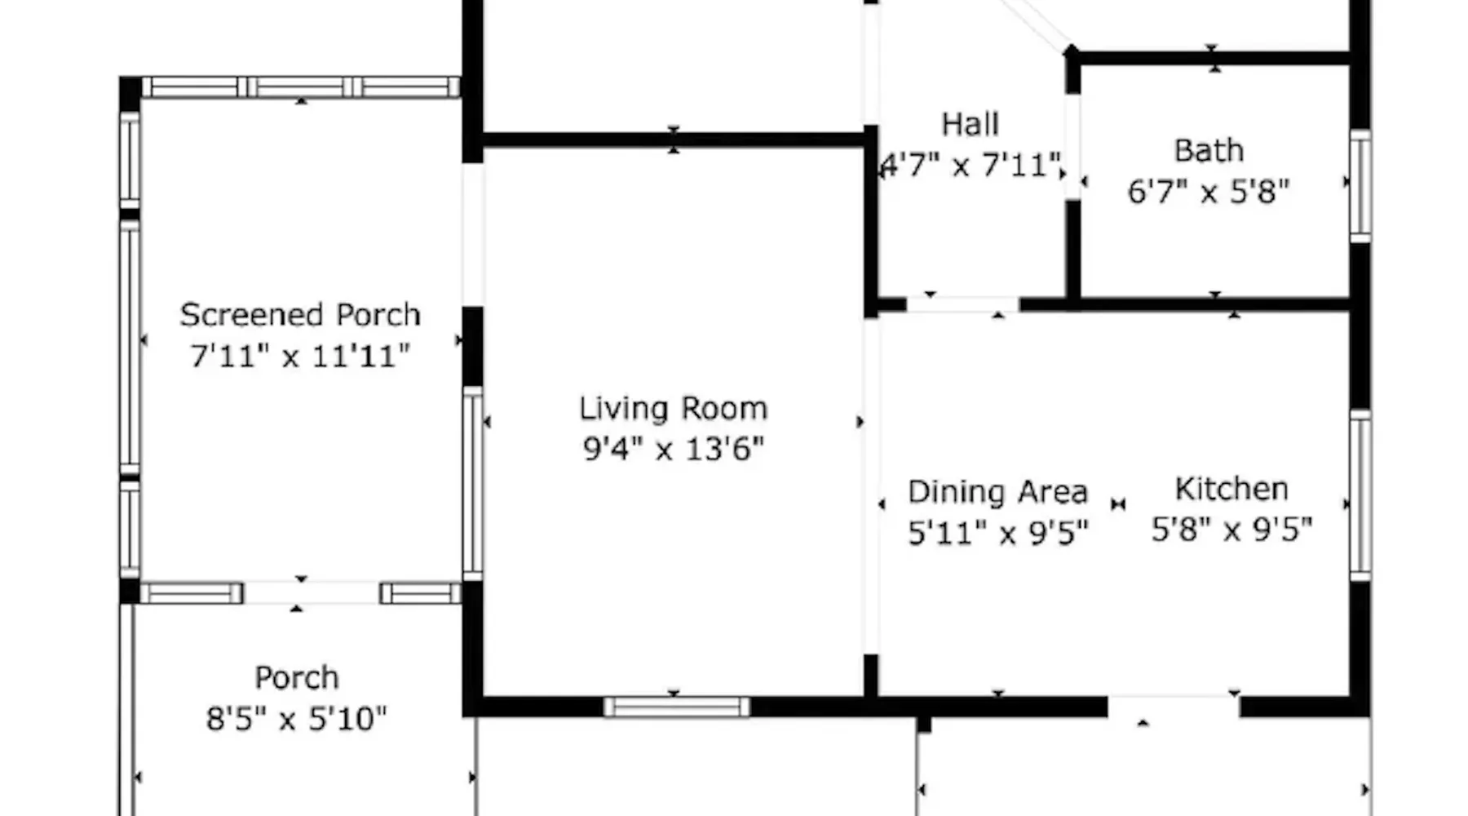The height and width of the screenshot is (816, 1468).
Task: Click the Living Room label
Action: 674,409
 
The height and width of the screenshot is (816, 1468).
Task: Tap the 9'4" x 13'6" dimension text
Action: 674,449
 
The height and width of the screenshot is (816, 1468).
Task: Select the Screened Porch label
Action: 300,315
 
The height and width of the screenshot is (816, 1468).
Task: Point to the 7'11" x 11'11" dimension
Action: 300,356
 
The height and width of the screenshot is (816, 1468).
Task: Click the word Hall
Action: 970,124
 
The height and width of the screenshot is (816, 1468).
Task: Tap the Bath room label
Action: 1209,151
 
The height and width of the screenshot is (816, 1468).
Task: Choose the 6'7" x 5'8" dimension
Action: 1209,192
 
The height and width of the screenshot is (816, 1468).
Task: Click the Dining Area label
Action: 997,492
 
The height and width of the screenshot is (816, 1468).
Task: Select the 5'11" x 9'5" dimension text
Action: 997,533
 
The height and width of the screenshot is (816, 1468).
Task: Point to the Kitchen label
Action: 1231,489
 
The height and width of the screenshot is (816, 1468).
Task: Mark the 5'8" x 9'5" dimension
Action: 1231,530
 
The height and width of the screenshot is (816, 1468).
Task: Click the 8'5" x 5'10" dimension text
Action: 296,719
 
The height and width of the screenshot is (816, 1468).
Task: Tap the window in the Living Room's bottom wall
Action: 677,707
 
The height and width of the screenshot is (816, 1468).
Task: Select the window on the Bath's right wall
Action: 1360,185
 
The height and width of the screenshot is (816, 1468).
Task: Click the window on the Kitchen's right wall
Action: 1360,496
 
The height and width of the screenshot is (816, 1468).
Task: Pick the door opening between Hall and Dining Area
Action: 963,304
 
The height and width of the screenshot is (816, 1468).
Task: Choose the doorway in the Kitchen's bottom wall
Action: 1174,707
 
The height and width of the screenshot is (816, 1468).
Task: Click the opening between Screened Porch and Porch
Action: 312,593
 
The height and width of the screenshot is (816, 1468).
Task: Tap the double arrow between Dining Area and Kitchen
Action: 1118,504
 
